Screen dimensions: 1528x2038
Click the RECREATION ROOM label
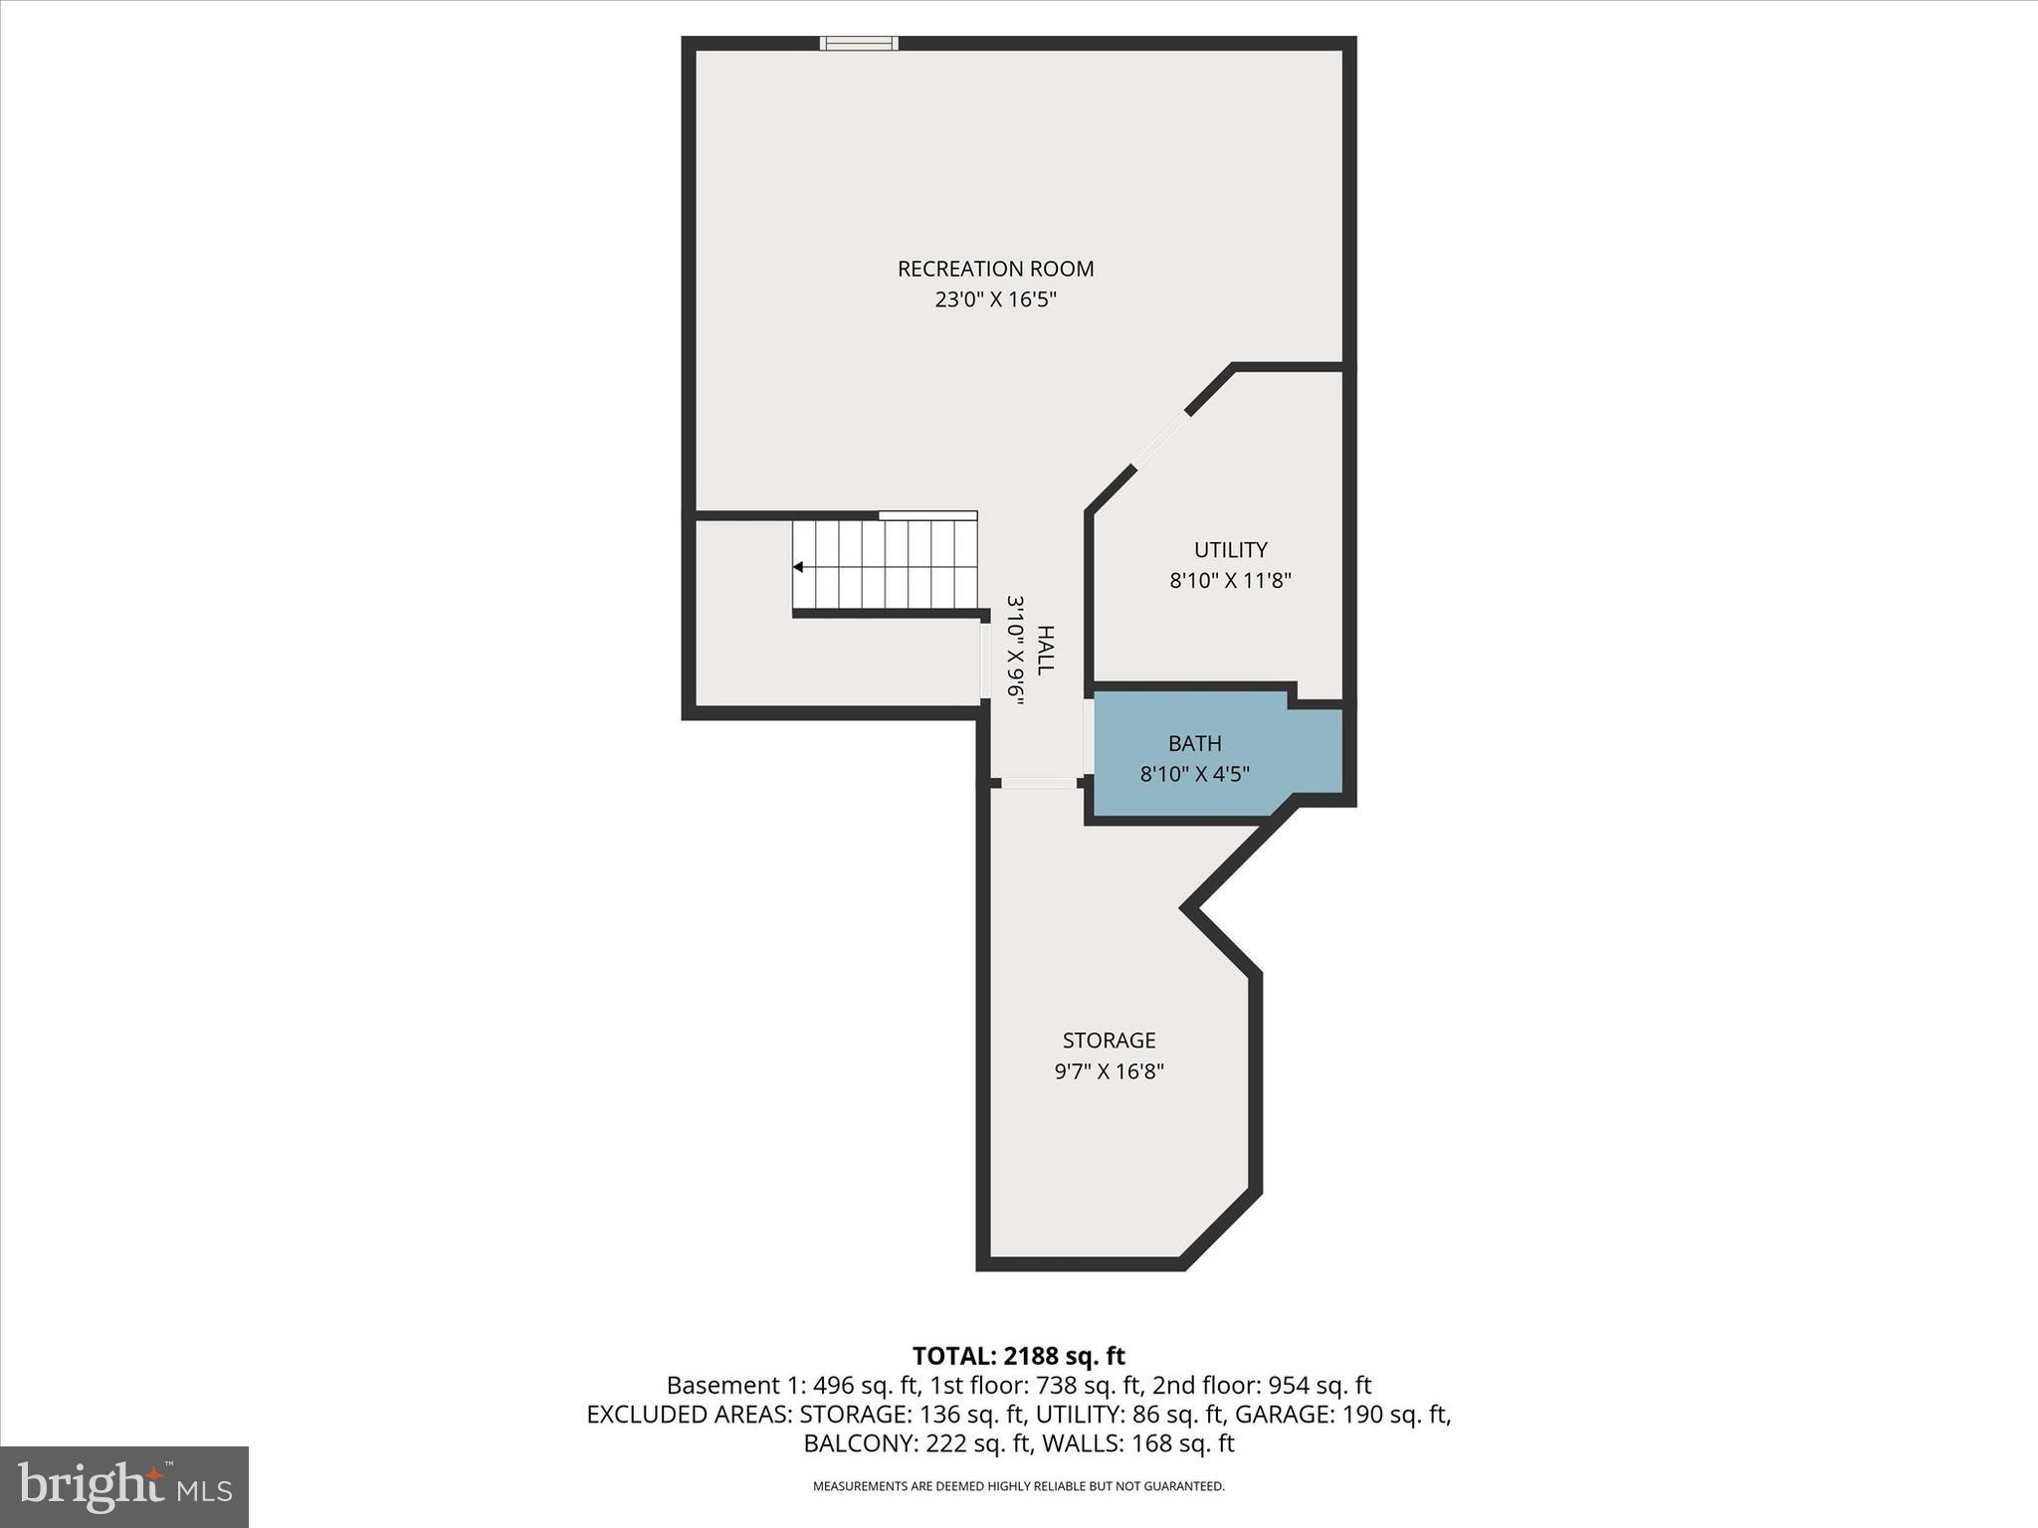[x=995, y=269]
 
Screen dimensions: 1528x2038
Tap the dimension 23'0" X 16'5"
[x=995, y=299]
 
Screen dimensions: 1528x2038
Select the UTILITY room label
[x=1230, y=550]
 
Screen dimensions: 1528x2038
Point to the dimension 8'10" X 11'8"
[x=1230, y=581]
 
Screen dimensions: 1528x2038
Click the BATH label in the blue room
[x=1194, y=743]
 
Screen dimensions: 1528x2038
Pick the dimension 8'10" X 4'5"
[x=1194, y=774]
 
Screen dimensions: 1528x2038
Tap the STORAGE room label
[x=1109, y=1041]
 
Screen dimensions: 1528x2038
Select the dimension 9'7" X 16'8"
[x=1109, y=1071]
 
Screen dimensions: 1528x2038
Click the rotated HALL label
[x=1045, y=651]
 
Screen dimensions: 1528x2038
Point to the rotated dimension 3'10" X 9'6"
[x=1015, y=651]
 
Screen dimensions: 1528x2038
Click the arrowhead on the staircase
[x=798, y=567]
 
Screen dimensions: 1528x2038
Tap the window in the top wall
[x=859, y=43]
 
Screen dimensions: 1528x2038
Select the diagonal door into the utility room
[x=1161, y=439]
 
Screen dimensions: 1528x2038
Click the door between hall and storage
[x=1038, y=783]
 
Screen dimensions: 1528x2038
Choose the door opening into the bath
[x=1089, y=738]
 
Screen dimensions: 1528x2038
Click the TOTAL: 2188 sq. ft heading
[x=1018, y=1356]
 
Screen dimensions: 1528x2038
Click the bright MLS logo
[x=124, y=1486]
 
